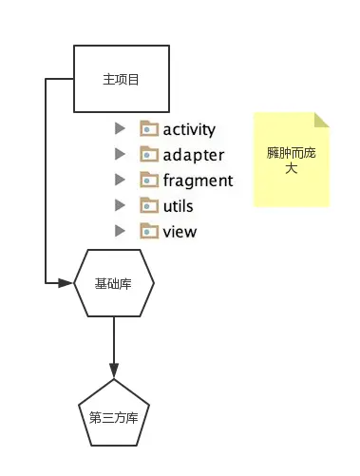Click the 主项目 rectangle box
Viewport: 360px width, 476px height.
(x=121, y=79)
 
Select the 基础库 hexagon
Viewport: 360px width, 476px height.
(x=114, y=283)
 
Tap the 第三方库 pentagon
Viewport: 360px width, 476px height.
(x=114, y=415)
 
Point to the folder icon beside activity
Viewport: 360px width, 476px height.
(x=149, y=128)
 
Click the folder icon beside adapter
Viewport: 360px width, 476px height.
(x=149, y=154)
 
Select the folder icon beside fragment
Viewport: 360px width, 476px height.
(x=149, y=180)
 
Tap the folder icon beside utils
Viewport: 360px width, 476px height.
(x=149, y=205)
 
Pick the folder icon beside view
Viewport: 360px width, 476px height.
(x=149, y=231)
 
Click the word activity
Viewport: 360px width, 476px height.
(x=189, y=129)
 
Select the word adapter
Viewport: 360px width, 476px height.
(x=194, y=155)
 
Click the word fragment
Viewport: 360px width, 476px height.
(x=198, y=181)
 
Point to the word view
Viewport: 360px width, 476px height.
(x=180, y=231)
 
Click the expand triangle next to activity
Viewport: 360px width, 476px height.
(x=119, y=128)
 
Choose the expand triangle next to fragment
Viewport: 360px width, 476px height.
(x=119, y=180)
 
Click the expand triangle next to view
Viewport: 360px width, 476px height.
(x=119, y=231)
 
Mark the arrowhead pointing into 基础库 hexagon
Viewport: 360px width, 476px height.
(x=67, y=283)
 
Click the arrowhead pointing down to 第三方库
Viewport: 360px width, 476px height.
(x=114, y=370)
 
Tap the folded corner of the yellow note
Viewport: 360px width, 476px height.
(x=322, y=120)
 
